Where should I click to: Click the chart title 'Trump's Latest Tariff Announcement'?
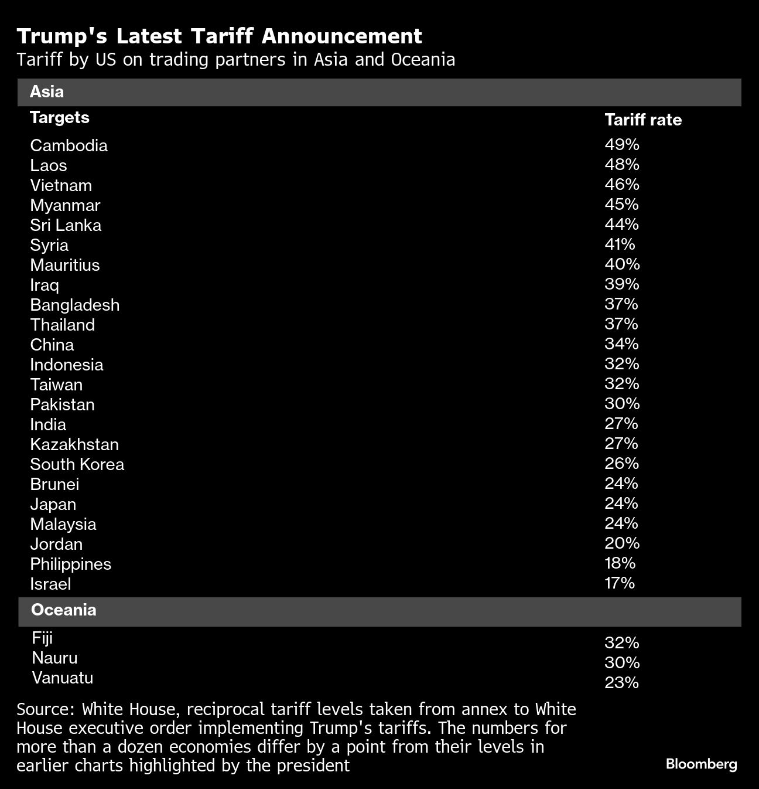pyautogui.click(x=219, y=36)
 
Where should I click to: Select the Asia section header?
pyautogui.click(x=47, y=92)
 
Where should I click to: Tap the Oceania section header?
pyautogui.click(x=63, y=610)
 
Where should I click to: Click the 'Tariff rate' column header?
pyautogui.click(x=643, y=120)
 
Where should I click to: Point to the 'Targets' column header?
pyautogui.click(x=60, y=118)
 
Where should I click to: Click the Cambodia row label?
pyautogui.click(x=69, y=145)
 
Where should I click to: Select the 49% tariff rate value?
pyautogui.click(x=621, y=144)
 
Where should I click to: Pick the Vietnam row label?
pyautogui.click(x=61, y=185)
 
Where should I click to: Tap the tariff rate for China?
pyautogui.click(x=621, y=344)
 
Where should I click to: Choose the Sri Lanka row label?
pyautogui.click(x=66, y=225)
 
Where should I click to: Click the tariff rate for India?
pyautogui.click(x=621, y=423)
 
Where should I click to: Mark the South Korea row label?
pyautogui.click(x=77, y=464)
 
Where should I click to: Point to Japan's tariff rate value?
pyautogui.click(x=621, y=503)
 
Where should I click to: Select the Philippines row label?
pyautogui.click(x=70, y=564)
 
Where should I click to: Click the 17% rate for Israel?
pyautogui.click(x=620, y=583)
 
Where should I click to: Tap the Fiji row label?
pyautogui.click(x=42, y=638)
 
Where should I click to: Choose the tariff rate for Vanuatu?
pyautogui.click(x=621, y=682)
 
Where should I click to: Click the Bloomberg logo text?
pyautogui.click(x=701, y=764)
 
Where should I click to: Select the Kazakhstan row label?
pyautogui.click(x=74, y=444)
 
